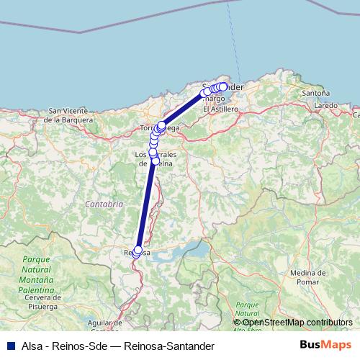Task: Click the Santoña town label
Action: tap(317, 94)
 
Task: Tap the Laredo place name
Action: tap(326, 105)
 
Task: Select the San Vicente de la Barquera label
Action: tap(69, 114)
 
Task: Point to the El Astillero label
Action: tap(220, 109)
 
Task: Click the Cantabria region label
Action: tap(104, 204)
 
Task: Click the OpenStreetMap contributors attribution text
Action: tap(297, 322)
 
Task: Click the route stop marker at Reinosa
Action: tap(138, 250)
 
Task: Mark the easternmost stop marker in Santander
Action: tap(223, 86)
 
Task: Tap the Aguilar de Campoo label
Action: tap(105, 326)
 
